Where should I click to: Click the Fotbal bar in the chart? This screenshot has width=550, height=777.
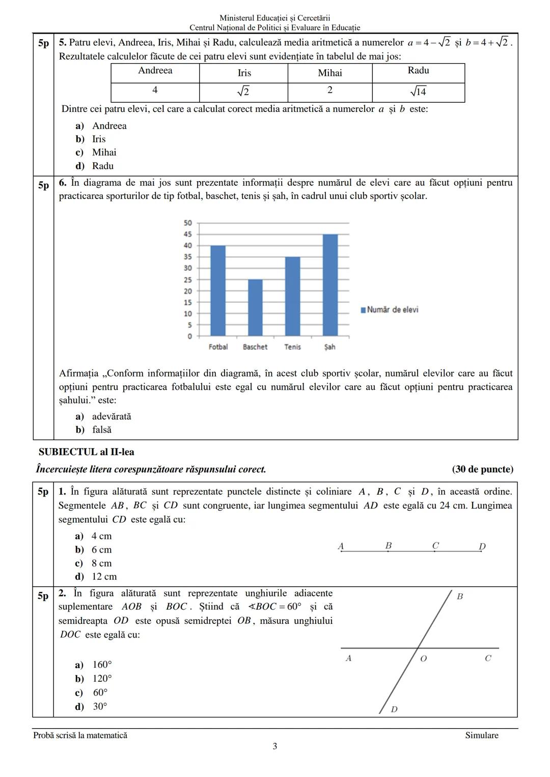coord(218,291)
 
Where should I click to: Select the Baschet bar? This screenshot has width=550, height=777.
coord(255,307)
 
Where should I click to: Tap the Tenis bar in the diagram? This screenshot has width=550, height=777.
coord(292,296)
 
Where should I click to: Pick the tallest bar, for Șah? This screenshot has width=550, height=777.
coord(330,285)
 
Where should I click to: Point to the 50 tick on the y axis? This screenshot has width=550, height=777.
coord(187,223)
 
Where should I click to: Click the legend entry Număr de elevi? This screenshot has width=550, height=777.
coord(390,309)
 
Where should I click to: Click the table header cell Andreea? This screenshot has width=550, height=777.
coord(155,71)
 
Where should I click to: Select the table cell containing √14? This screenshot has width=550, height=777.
coord(418,92)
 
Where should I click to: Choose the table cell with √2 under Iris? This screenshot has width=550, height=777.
coord(243,92)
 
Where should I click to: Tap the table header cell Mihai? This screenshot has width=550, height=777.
coord(329,73)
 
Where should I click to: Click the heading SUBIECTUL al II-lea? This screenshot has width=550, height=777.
coord(87,452)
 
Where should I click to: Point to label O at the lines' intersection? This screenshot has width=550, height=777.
coord(423,658)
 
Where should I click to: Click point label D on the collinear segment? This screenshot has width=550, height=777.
coord(482,546)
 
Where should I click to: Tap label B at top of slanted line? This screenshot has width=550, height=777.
coord(459,596)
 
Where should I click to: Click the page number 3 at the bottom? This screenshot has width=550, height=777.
coord(275,746)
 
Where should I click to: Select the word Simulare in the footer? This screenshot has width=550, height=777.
coord(481,735)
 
